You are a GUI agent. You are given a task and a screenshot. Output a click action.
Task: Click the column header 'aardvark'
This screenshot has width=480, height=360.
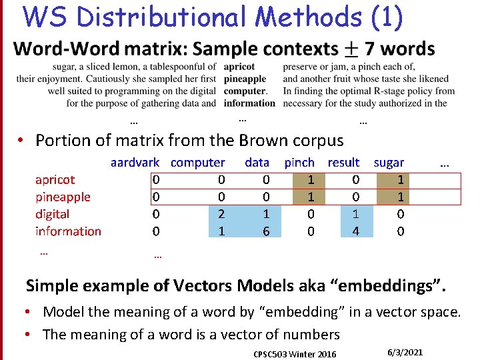click(x=135, y=162)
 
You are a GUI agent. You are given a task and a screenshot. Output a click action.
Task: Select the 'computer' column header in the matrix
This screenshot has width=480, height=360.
click(x=198, y=162)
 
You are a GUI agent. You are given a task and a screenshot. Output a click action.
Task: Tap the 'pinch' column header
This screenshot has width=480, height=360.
click(x=299, y=162)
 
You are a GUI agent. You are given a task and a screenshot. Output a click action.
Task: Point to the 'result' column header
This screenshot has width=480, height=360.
click(x=343, y=162)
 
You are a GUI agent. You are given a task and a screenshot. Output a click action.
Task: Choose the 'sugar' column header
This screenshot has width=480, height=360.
click(x=389, y=162)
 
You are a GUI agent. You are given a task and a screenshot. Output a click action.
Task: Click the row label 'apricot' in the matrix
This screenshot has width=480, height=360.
click(x=55, y=179)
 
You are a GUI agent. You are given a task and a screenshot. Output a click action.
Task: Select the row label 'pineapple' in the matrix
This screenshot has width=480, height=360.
click(x=63, y=197)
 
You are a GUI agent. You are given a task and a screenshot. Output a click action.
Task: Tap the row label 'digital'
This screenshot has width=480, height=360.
click(x=52, y=214)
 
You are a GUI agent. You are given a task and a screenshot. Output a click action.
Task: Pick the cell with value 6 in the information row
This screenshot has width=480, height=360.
click(x=266, y=231)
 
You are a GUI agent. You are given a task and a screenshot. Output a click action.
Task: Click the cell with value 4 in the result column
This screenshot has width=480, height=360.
click(x=356, y=231)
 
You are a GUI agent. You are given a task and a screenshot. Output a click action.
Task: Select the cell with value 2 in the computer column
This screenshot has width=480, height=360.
click(x=221, y=214)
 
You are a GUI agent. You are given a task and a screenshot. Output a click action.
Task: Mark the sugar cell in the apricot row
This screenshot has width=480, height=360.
click(x=400, y=179)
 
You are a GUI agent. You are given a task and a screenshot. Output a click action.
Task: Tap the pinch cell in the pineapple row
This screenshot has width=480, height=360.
click(x=311, y=197)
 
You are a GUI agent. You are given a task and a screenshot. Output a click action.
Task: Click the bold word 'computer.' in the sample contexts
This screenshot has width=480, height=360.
click(x=245, y=91)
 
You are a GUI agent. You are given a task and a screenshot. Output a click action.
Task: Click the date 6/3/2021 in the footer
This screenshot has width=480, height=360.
click(x=405, y=352)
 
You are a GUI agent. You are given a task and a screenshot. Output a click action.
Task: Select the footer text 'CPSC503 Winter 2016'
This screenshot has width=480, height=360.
click(x=295, y=353)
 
